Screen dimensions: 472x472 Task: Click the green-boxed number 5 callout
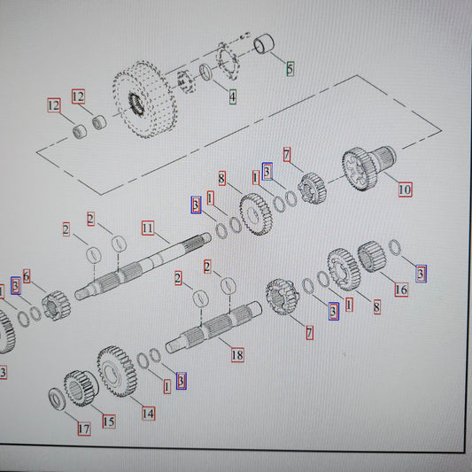tap(290, 69)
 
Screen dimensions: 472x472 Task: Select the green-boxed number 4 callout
tap(233, 97)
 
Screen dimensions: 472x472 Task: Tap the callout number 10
tap(406, 190)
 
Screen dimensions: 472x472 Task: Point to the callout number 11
tap(148, 228)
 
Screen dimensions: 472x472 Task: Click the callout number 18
tap(237, 354)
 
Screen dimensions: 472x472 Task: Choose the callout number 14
tap(149, 414)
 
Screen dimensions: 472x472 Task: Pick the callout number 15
tap(109, 422)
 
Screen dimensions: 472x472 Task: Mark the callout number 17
tap(84, 429)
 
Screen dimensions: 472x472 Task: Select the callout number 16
tap(401, 290)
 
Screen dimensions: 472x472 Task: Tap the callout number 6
tap(27, 276)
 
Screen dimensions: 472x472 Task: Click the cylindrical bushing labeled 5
tap(264, 44)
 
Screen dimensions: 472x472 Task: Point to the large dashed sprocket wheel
tap(145, 99)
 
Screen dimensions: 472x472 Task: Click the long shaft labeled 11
tap(143, 267)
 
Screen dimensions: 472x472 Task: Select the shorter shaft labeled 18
tap(213, 327)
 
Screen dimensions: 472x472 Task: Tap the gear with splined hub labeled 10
tap(368, 168)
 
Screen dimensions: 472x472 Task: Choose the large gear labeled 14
tap(117, 371)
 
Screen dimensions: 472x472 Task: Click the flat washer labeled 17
tap(57, 399)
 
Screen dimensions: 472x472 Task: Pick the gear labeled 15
tap(81, 388)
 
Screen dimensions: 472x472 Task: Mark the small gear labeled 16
tap(371, 257)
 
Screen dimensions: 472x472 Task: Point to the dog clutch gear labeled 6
tap(57, 306)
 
